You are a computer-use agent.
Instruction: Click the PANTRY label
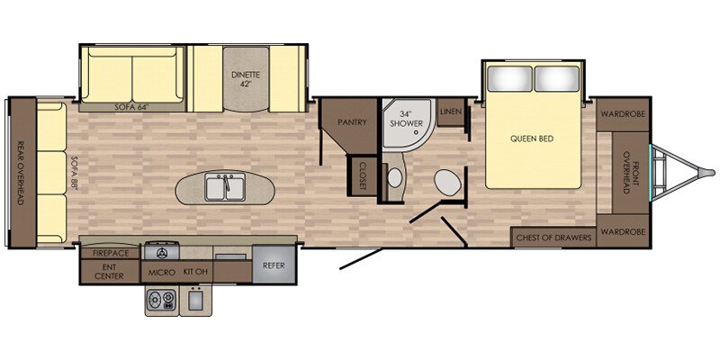click(x=352, y=122)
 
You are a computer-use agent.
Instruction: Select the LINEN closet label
click(x=451, y=112)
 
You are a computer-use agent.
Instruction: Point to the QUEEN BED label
click(x=532, y=139)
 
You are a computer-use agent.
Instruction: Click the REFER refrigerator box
click(x=274, y=265)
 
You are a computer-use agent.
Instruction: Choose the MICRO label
click(x=162, y=273)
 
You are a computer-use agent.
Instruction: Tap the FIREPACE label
click(x=110, y=253)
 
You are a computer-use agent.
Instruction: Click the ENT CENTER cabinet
click(x=110, y=272)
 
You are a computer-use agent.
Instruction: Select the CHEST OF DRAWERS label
click(x=553, y=238)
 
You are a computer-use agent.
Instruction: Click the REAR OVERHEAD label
click(x=20, y=172)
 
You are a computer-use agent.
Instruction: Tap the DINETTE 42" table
click(x=246, y=79)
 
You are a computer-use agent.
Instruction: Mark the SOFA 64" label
click(x=132, y=107)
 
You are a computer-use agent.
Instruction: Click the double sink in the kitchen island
click(x=225, y=188)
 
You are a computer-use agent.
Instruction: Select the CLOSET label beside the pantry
click(x=363, y=175)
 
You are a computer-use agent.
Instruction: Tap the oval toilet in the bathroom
click(x=447, y=182)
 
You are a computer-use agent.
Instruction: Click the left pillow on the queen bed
click(x=509, y=78)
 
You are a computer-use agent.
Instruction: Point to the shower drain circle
click(x=416, y=131)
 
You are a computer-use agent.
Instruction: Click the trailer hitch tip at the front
click(x=712, y=173)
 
